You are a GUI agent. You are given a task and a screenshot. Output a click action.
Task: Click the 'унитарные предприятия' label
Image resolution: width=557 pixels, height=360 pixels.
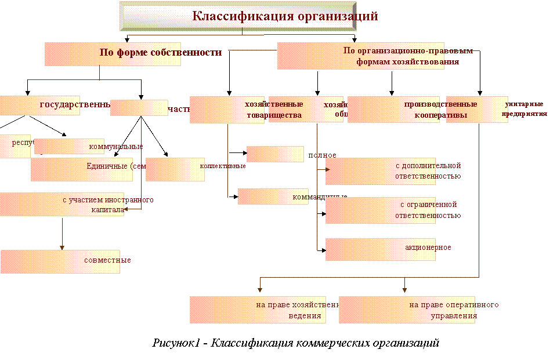click(525, 109)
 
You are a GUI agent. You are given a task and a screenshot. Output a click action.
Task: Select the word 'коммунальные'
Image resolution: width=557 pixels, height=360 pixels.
click(115, 147)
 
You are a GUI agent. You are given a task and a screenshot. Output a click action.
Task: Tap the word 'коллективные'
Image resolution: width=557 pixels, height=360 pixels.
click(223, 166)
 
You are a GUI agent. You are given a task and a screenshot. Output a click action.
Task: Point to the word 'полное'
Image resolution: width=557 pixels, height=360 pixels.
click(322, 155)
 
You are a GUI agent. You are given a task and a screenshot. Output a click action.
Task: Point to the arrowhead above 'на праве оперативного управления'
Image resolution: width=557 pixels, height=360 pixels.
click(405, 288)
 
